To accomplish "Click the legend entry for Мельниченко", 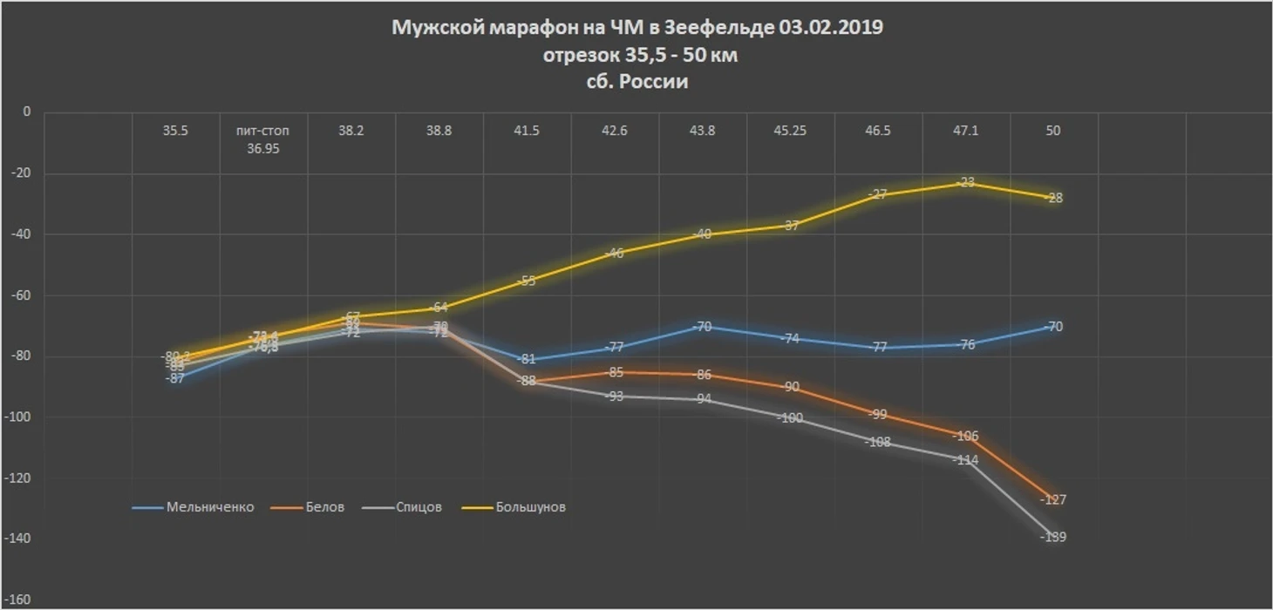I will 209,507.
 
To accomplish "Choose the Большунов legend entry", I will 530,507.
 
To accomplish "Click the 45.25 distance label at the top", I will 790,131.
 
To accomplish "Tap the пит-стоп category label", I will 262,131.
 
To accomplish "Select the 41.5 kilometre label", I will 526,131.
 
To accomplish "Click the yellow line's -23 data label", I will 966,182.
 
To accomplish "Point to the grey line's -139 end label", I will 1053,537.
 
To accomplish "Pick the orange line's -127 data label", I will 1054,500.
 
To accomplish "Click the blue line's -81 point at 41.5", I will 526,359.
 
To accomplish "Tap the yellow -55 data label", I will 526,281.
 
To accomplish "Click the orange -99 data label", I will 878,414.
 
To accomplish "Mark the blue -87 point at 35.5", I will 175,378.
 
